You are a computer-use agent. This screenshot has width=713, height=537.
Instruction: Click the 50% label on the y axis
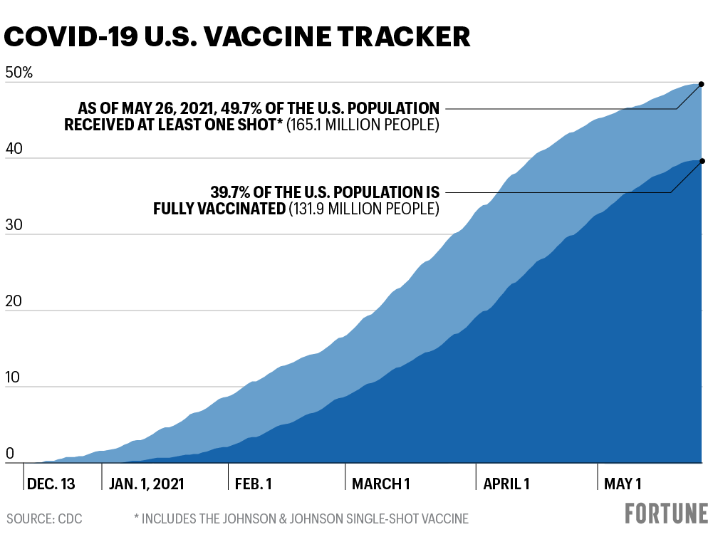click(x=19, y=73)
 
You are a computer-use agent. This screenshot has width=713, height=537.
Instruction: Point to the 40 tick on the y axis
click(x=14, y=150)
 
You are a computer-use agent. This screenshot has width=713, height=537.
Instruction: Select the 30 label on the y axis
click(x=14, y=226)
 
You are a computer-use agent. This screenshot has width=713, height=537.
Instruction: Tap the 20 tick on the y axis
click(x=14, y=302)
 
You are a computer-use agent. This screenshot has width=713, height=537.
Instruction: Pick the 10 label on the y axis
click(x=14, y=378)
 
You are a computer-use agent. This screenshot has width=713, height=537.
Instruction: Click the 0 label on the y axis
click(x=10, y=454)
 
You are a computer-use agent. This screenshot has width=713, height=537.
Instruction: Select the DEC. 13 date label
click(x=51, y=484)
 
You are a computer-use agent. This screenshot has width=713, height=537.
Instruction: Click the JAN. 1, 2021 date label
click(x=147, y=484)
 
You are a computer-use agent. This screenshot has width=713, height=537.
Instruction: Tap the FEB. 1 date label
click(x=254, y=484)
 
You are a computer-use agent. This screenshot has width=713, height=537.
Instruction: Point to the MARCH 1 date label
click(x=381, y=484)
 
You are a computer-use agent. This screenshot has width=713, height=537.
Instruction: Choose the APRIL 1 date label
click(x=506, y=484)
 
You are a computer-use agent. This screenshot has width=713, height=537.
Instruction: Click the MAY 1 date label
click(x=623, y=484)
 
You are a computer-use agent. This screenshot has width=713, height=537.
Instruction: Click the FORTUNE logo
click(x=666, y=513)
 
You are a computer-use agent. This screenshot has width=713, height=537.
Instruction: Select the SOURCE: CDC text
click(x=44, y=518)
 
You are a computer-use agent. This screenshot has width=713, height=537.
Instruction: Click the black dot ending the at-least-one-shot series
click(x=702, y=84)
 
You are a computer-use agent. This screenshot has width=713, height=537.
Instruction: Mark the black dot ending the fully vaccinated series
click(x=702, y=161)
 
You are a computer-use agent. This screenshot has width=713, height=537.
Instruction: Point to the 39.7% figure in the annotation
click(x=233, y=192)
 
